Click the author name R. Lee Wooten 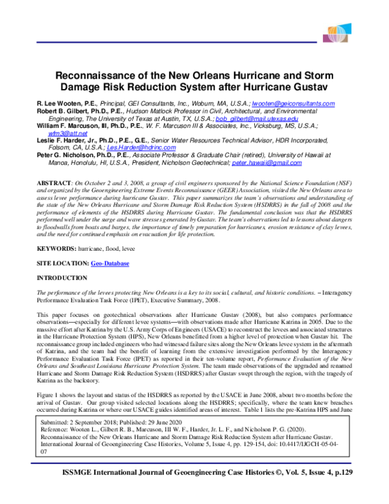[56, 104]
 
